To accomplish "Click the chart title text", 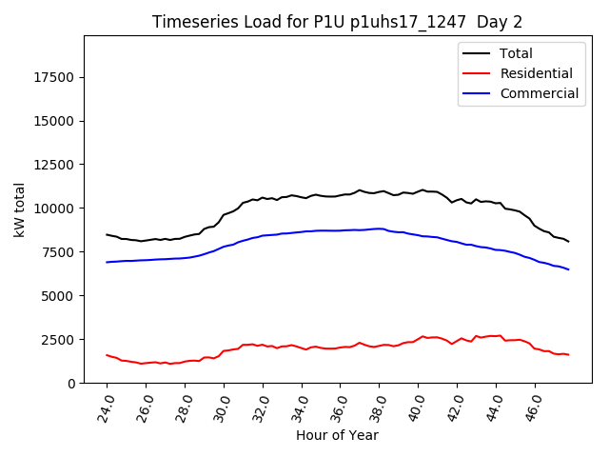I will point(338,22).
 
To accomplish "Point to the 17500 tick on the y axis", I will point(54,77).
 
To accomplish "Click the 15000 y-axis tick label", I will point(54,121).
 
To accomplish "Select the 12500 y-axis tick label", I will point(54,165).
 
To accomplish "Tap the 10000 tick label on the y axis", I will point(54,209).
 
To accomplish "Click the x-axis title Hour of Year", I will point(337,436).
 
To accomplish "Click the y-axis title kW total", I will point(19,209).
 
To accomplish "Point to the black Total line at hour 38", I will point(379,191).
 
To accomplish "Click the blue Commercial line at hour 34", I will point(302,231).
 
